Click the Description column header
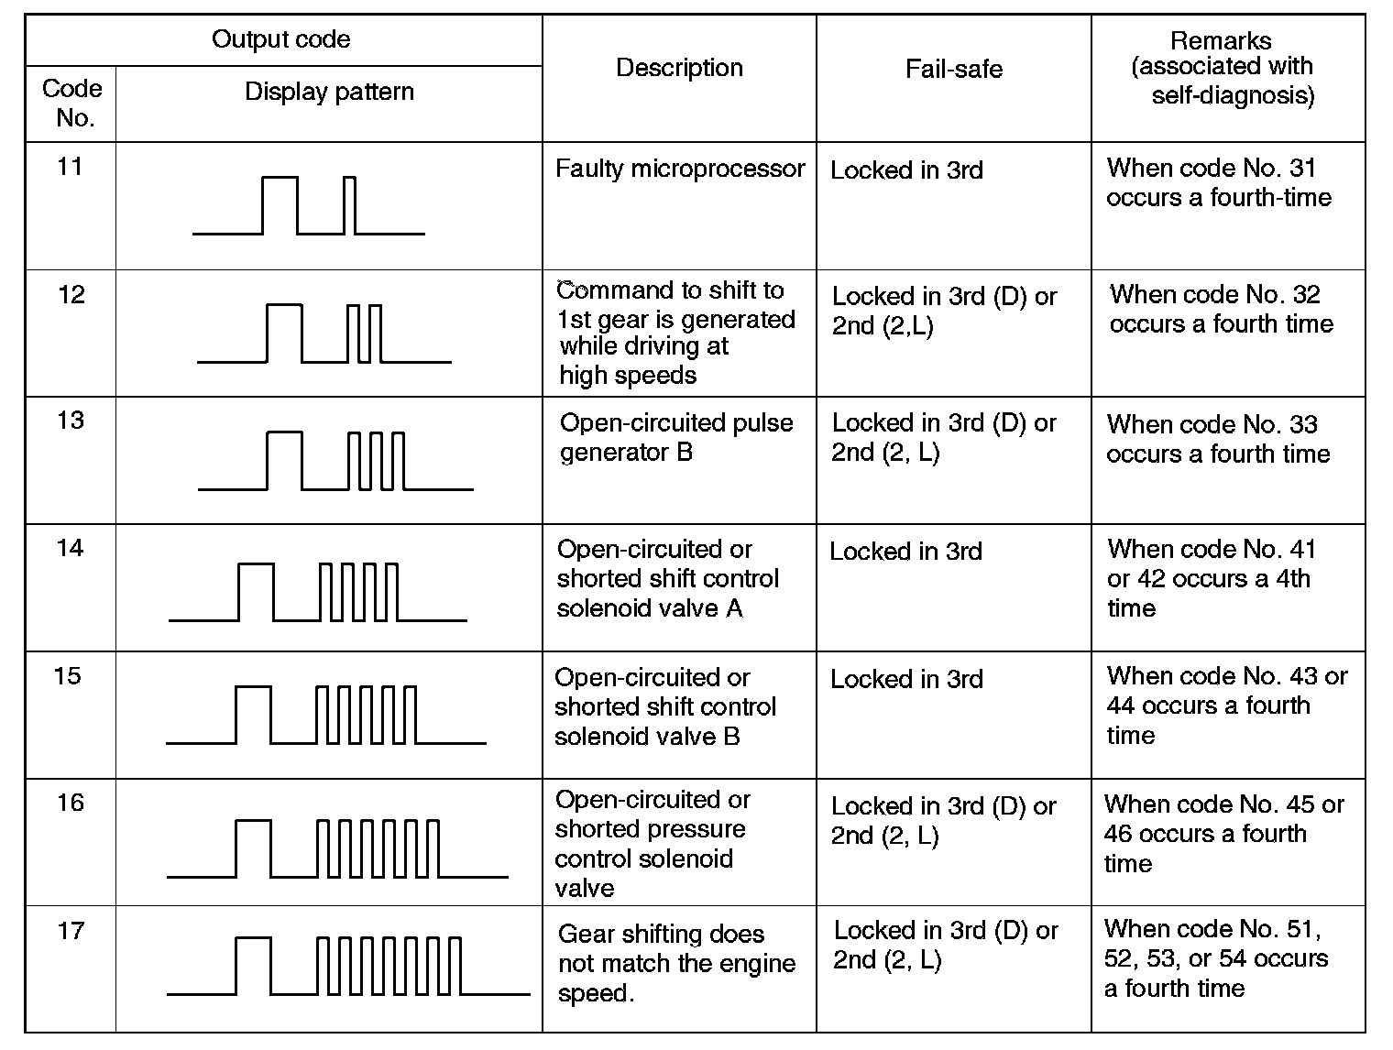click(x=679, y=68)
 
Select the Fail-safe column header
click(x=953, y=69)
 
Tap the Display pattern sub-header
click(x=329, y=92)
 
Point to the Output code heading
click(x=280, y=39)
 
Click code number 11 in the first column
click(x=70, y=167)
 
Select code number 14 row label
click(x=70, y=548)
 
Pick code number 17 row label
click(x=71, y=931)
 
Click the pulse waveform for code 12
click(x=324, y=334)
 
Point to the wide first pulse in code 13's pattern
click(x=284, y=460)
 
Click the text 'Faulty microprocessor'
click(x=680, y=169)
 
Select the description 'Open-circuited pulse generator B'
click(x=676, y=437)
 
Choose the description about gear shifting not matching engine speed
click(x=676, y=963)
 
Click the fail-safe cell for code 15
click(x=906, y=679)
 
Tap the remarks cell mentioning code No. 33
click(x=1218, y=439)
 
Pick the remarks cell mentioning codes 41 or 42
click(x=1211, y=578)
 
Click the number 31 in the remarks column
click(x=1301, y=168)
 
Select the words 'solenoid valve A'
click(x=650, y=608)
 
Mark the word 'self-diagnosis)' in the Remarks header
click(x=1233, y=95)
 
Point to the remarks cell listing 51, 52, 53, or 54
click(x=1215, y=958)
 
